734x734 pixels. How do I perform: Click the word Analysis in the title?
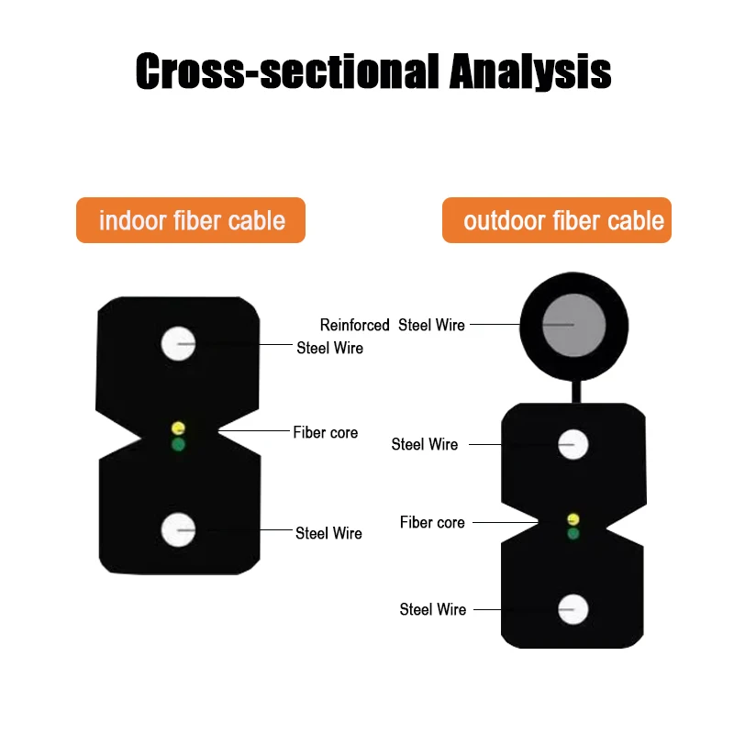click(529, 72)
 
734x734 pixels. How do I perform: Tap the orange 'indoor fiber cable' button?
click(191, 220)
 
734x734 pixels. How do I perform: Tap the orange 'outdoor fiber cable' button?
click(557, 220)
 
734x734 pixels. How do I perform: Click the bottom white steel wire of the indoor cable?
click(178, 529)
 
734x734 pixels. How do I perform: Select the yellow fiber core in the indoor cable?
click(178, 428)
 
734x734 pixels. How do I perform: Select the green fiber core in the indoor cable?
click(178, 445)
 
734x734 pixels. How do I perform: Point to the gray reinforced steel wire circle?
click(573, 325)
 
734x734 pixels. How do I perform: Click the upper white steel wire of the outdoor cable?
click(573, 445)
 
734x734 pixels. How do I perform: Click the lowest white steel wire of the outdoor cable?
click(573, 609)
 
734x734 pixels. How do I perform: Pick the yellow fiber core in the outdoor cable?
click(573, 519)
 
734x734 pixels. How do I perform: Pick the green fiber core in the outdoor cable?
click(573, 533)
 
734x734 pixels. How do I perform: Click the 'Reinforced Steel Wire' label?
click(392, 325)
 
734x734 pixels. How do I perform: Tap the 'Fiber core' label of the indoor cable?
click(326, 432)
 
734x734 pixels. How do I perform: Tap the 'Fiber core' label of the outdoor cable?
click(432, 522)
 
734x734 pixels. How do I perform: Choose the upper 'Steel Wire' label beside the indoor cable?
click(329, 348)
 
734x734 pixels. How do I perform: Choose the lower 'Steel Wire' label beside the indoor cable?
click(328, 533)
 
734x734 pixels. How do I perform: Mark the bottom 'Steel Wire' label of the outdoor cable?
click(432, 609)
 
